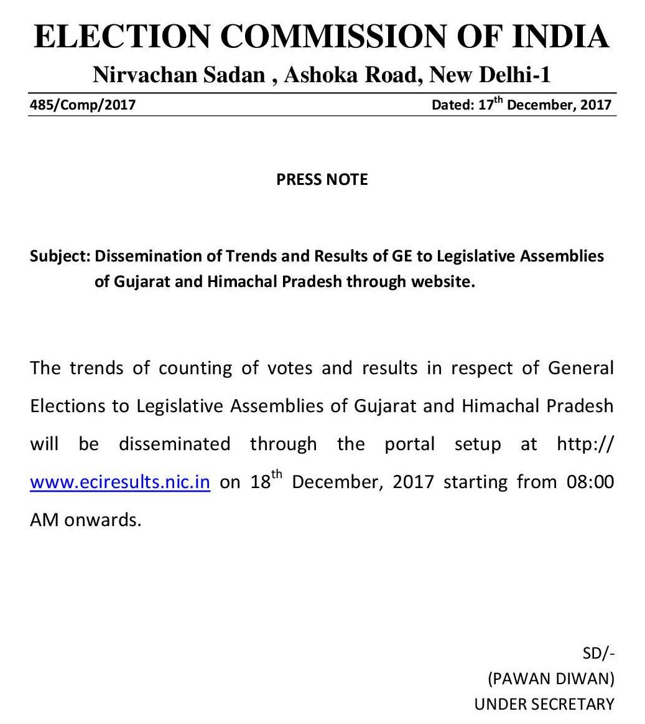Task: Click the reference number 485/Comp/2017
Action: tap(83, 105)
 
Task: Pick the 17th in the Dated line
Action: tap(490, 104)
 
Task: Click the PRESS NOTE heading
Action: tap(322, 179)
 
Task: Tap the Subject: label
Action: tap(60, 256)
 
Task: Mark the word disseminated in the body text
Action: tap(174, 444)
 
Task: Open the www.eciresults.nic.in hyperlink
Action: tap(120, 482)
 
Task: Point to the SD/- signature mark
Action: tap(598, 653)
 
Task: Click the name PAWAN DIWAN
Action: tap(551, 679)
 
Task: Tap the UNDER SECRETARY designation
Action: tap(544, 704)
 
